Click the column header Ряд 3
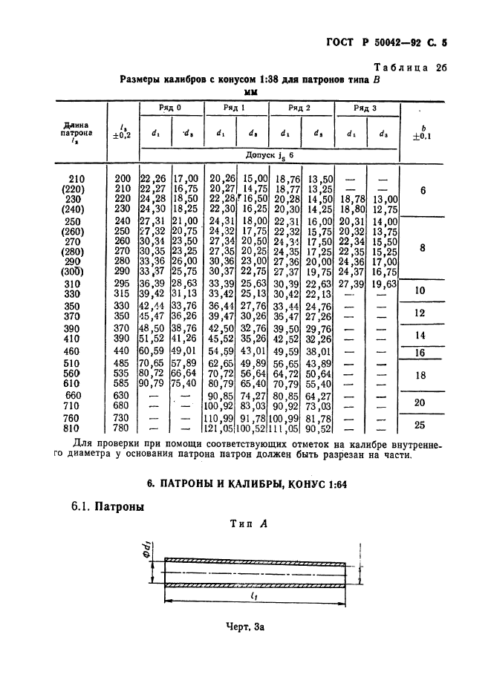[365, 108]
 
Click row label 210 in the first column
[77, 179]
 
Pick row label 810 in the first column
[77, 429]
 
